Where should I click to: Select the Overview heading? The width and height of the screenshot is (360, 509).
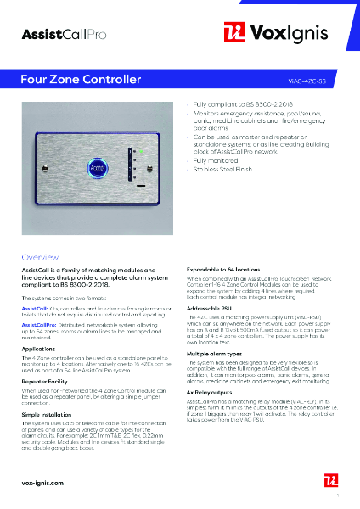pyautogui.click(x=40, y=256)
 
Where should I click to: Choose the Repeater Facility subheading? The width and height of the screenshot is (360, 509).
pyautogui.click(x=47, y=379)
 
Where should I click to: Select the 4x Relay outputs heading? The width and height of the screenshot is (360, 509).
pyautogui.click(x=212, y=393)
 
